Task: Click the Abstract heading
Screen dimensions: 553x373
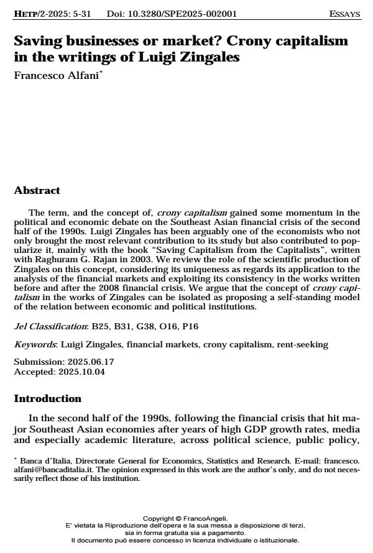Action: (x=37, y=191)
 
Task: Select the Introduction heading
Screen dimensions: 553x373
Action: (x=47, y=398)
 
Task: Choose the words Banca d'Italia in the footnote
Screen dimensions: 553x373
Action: (x=40, y=461)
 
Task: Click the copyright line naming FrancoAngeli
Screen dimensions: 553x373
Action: (x=186, y=518)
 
